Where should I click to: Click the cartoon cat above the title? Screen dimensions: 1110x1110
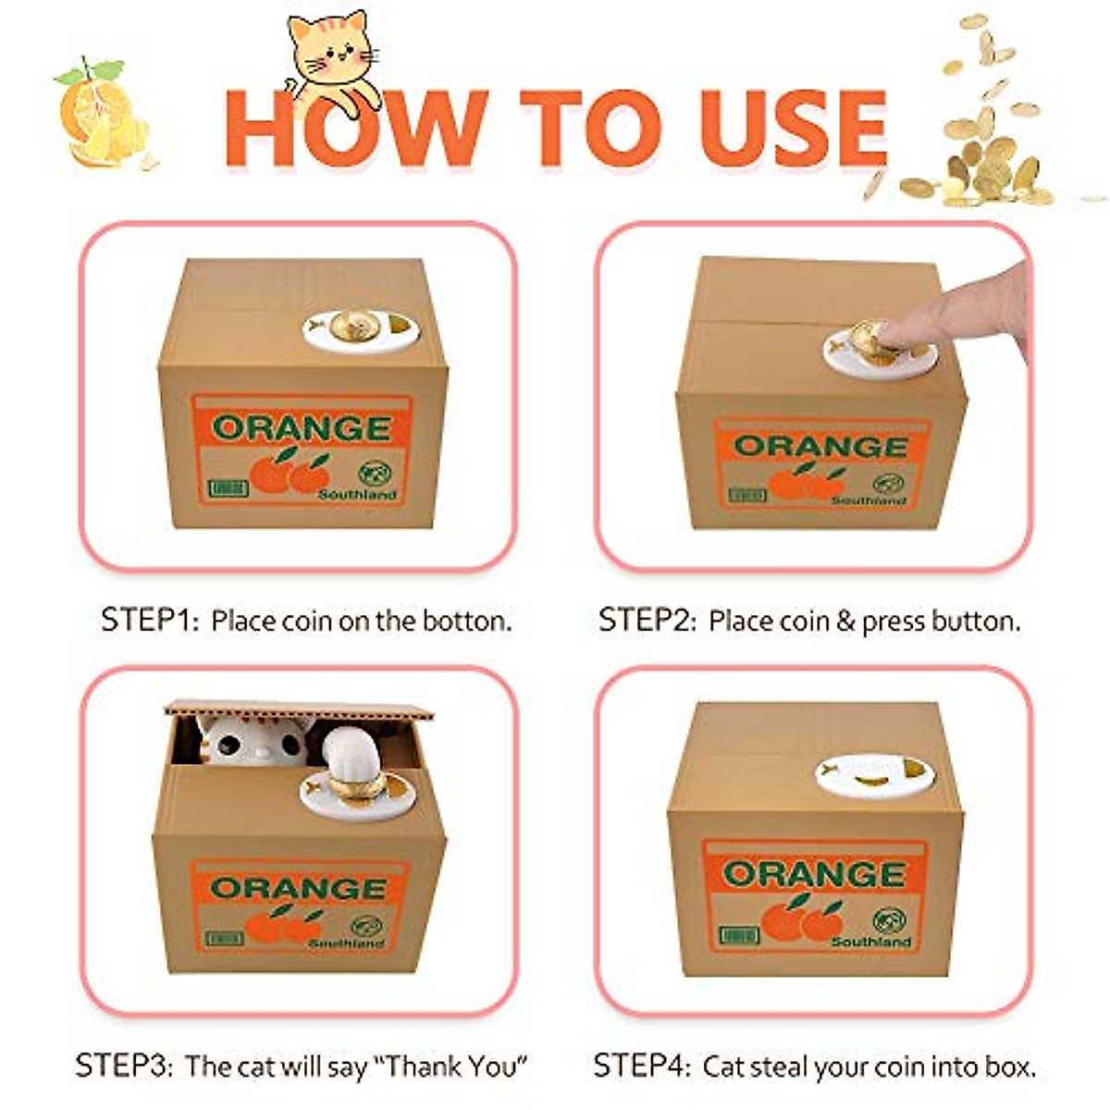(x=330, y=55)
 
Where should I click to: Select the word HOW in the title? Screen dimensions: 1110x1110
(x=356, y=129)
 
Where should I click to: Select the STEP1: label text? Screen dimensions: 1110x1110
(x=149, y=620)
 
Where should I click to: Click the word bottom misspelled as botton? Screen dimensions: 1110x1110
(x=467, y=621)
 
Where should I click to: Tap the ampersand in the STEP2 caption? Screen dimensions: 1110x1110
(x=845, y=621)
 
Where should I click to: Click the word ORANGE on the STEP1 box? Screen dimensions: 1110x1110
(x=302, y=428)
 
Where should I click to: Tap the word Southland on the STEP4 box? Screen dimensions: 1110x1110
(x=870, y=941)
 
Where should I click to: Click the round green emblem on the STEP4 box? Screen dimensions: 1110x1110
(x=888, y=919)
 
